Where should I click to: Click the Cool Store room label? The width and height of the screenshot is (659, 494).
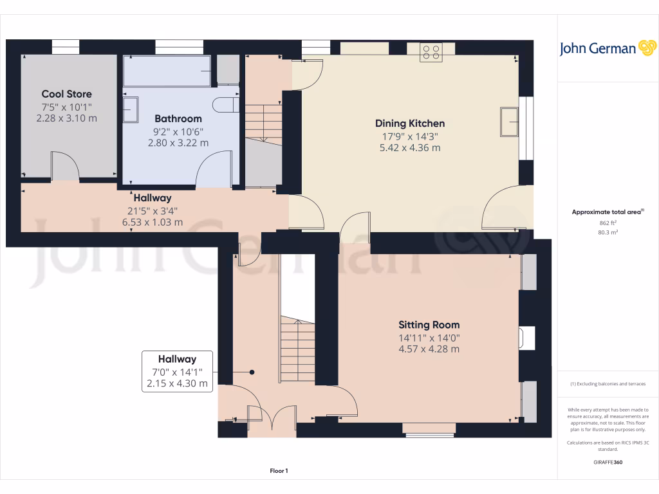[x=67, y=94]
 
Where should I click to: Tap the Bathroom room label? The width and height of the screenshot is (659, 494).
[x=178, y=118]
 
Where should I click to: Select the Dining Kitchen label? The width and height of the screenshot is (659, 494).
[x=410, y=123]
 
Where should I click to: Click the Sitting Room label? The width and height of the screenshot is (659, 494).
[x=429, y=325]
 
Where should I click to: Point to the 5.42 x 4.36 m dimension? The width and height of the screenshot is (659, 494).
[x=410, y=148]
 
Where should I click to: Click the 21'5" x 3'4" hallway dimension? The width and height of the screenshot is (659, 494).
[x=152, y=210]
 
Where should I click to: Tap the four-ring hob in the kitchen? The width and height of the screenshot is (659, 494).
[x=431, y=52]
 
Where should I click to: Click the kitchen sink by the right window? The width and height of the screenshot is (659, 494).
[x=510, y=122]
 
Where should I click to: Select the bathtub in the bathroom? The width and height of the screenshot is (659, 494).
[x=167, y=70]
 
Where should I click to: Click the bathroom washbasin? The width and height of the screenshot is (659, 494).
[x=131, y=109]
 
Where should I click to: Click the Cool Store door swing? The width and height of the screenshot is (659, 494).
[x=65, y=166]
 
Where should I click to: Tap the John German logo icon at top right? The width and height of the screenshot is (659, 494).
[x=646, y=48]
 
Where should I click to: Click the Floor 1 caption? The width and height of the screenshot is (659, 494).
[x=278, y=471]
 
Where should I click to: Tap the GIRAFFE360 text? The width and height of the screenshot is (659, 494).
[x=608, y=462]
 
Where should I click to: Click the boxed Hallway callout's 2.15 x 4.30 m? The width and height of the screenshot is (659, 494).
[x=178, y=383]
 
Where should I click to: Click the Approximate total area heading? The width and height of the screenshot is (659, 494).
[x=607, y=212]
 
